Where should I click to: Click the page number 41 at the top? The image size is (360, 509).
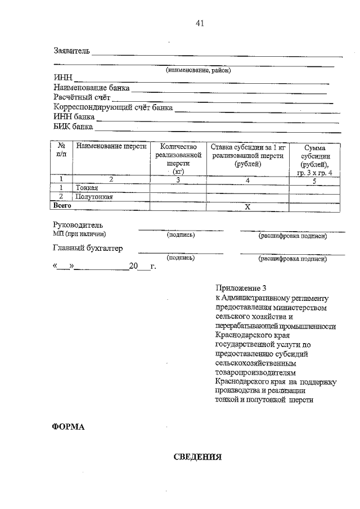199,23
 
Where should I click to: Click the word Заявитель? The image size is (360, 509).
71,51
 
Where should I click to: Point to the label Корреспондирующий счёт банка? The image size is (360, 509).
113,107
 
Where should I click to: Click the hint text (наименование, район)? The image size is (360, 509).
198,70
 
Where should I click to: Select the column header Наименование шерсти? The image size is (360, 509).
111,146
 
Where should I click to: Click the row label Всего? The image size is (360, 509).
62,206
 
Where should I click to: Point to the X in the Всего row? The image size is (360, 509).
247,207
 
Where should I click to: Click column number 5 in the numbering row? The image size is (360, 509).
314,180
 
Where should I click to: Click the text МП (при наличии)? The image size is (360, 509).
79,234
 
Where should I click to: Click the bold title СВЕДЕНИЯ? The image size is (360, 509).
197,457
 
